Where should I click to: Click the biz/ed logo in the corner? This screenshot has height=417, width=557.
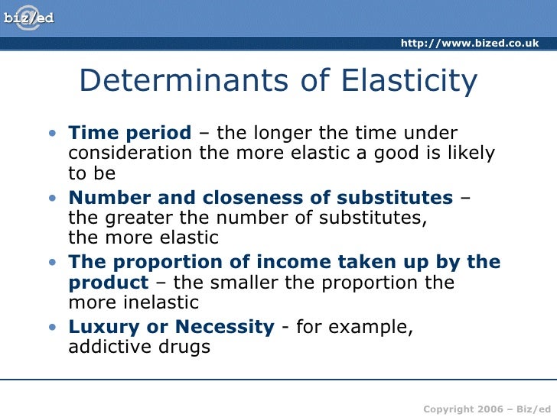point(29,16)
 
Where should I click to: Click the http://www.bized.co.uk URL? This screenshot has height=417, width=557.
point(469,43)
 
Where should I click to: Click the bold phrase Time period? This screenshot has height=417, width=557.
point(129,133)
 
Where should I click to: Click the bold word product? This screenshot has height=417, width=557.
point(108,283)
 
